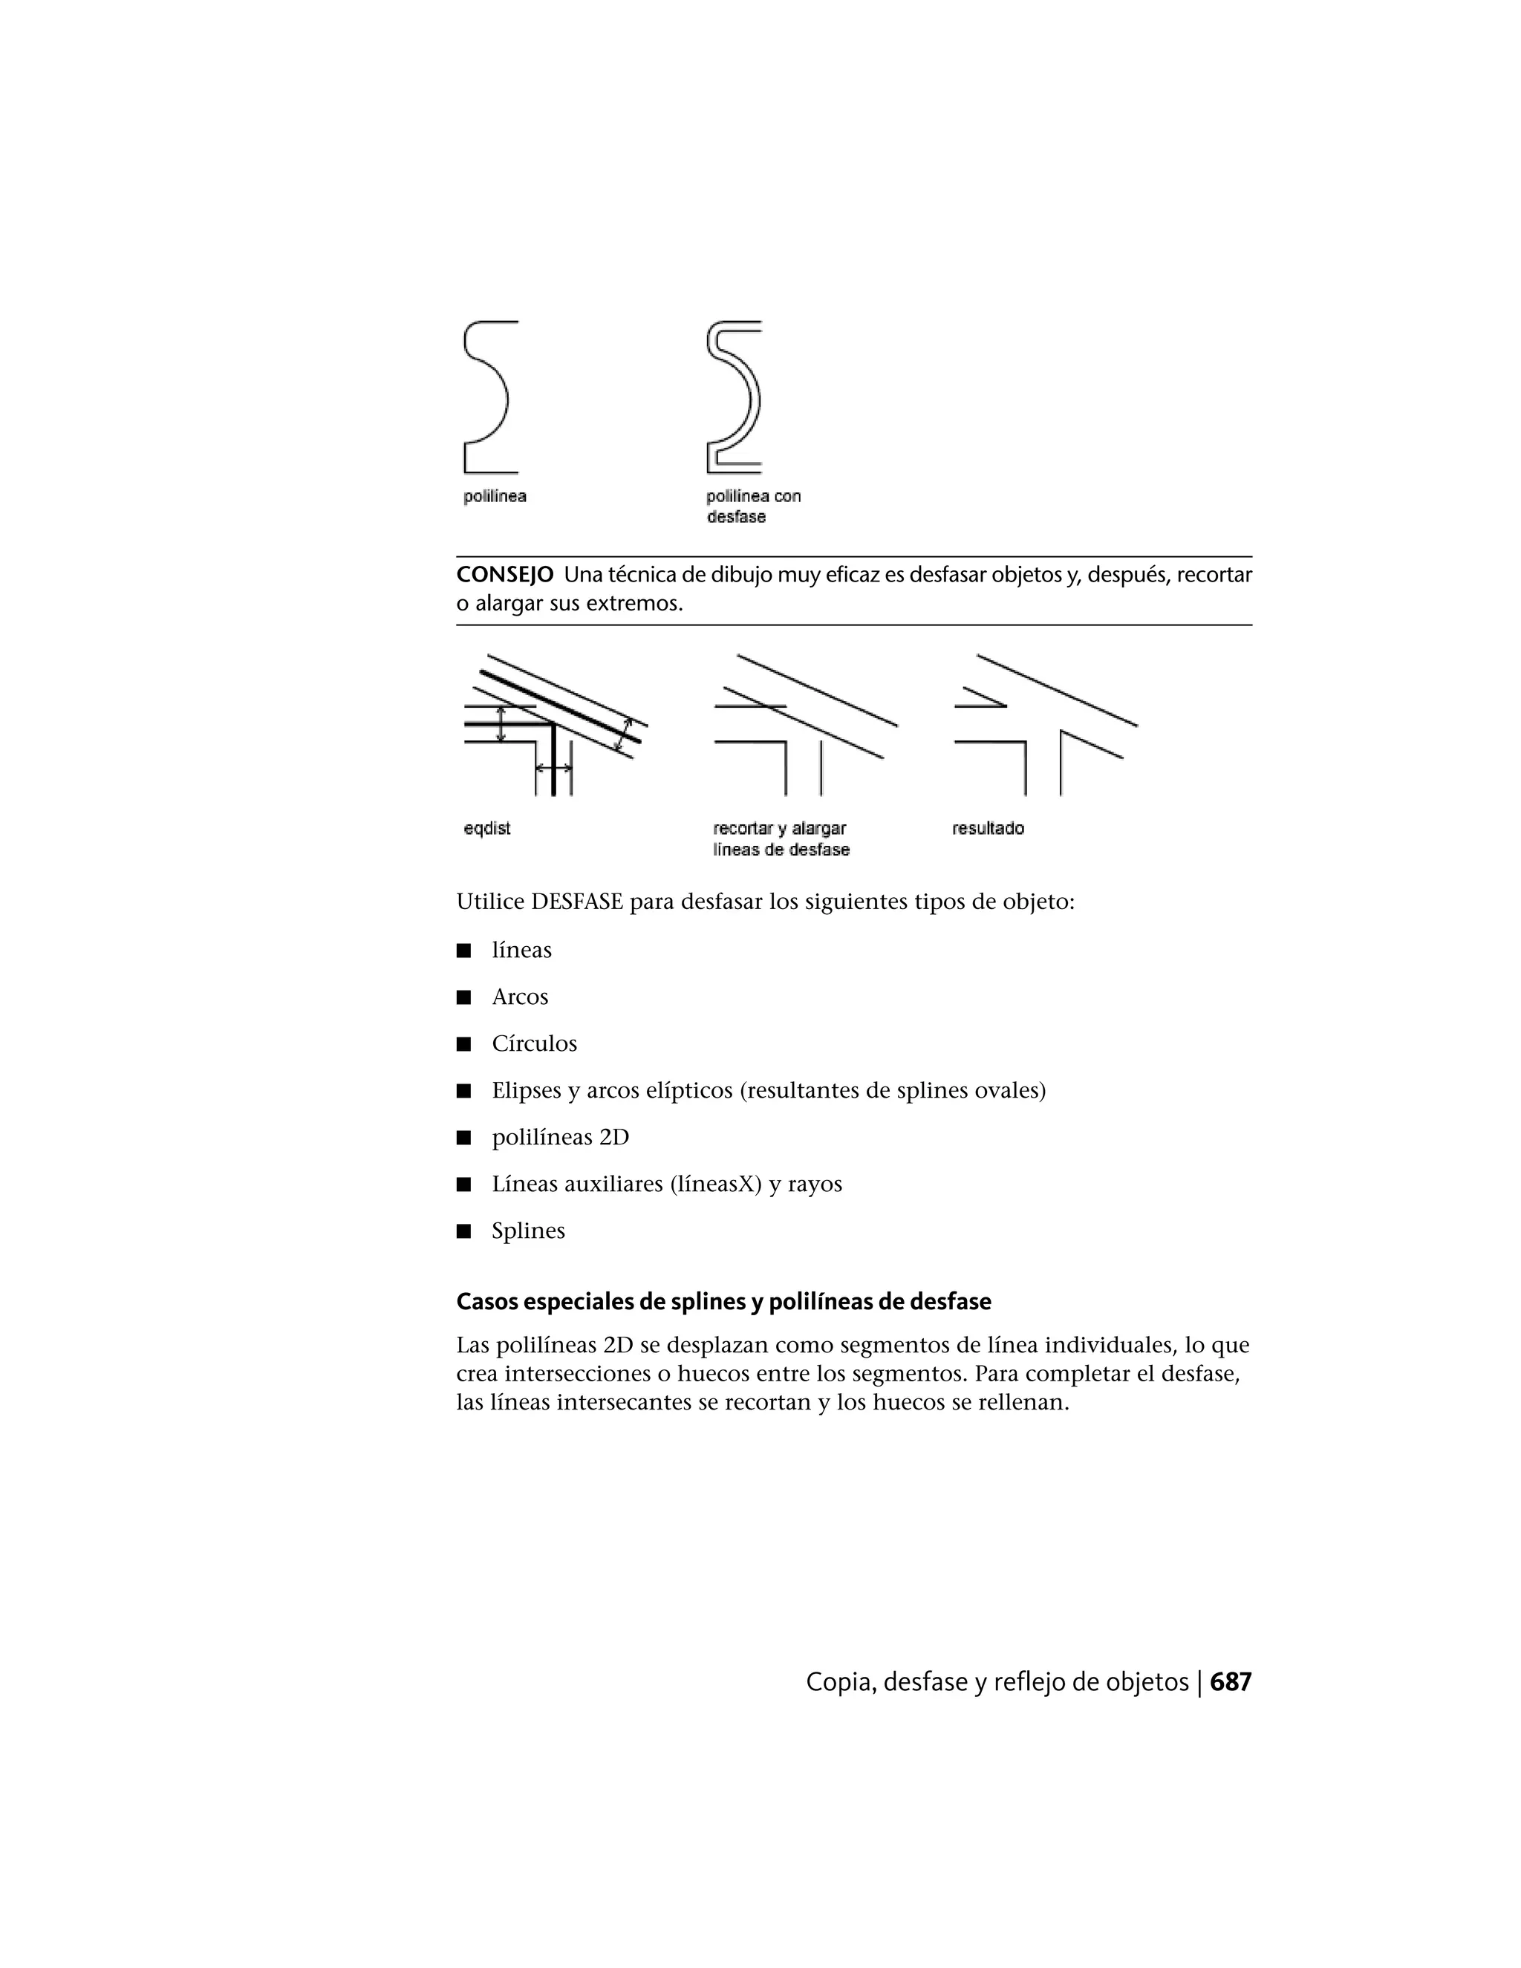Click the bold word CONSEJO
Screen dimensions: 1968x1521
pyautogui.click(x=504, y=575)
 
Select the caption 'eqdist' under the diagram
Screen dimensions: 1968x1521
pyautogui.click(x=486, y=828)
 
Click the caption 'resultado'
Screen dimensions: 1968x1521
pyautogui.click(x=988, y=828)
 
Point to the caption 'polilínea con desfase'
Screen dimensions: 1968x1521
pyautogui.click(x=752, y=506)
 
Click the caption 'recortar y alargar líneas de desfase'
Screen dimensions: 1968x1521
pyautogui.click(x=781, y=839)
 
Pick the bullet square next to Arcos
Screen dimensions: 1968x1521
pyautogui.click(x=464, y=997)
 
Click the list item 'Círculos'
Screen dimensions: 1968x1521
pyautogui.click(x=533, y=1043)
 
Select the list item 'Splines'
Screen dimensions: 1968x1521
pyautogui.click(x=528, y=1231)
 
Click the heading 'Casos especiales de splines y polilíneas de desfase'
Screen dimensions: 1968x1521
pyautogui.click(x=723, y=1302)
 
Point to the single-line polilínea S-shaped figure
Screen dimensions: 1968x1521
pyautogui.click(x=487, y=397)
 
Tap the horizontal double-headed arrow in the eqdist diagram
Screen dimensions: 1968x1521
pyautogui.click(x=553, y=768)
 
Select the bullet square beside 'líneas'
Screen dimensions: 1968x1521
pyautogui.click(x=464, y=951)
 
